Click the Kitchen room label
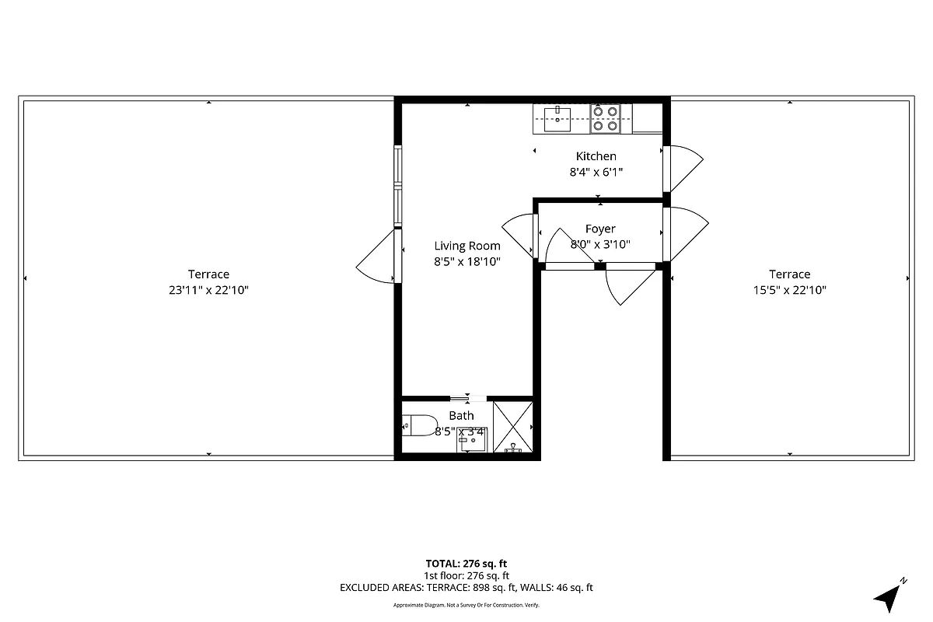pyautogui.click(x=596, y=156)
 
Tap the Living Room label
pyautogui.click(x=466, y=246)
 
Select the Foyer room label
pyautogui.click(x=599, y=229)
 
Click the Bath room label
pyautogui.click(x=461, y=416)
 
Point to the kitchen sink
pyautogui.click(x=557, y=118)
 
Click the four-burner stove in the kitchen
pyautogui.click(x=605, y=118)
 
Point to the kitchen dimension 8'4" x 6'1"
pyautogui.click(x=596, y=172)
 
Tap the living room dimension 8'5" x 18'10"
pyautogui.click(x=466, y=262)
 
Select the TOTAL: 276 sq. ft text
pyautogui.click(x=466, y=564)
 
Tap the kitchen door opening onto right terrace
pyautogui.click(x=684, y=167)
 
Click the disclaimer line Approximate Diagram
pyautogui.click(x=466, y=605)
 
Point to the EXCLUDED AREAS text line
pyautogui.click(x=466, y=588)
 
